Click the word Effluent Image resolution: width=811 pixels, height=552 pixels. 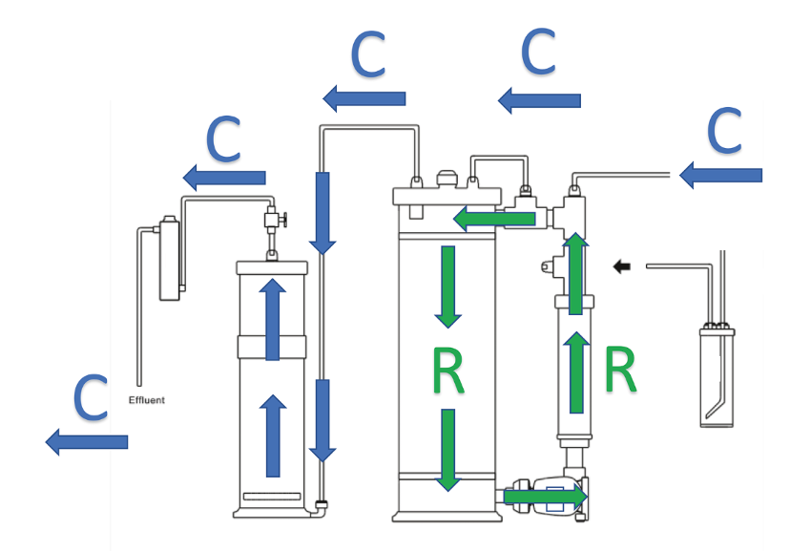[x=146, y=400]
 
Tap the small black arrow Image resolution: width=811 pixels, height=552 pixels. [x=621, y=266]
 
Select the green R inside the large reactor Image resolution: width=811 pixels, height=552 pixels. [x=447, y=371]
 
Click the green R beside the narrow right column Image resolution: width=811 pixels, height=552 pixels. [x=620, y=370]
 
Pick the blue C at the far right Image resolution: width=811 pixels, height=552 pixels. [x=724, y=130]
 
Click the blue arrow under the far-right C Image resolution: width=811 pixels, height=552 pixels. [x=720, y=175]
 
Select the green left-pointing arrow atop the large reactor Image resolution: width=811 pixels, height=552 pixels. [x=494, y=219]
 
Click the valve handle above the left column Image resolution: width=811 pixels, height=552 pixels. [x=283, y=220]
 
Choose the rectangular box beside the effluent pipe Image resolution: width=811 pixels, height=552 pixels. [x=170, y=258]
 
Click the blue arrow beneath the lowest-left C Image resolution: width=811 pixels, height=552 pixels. [x=87, y=442]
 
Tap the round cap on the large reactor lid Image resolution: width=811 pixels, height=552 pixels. [x=447, y=180]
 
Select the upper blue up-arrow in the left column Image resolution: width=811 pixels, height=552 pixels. [x=273, y=320]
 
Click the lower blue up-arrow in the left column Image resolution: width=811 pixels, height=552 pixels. [x=273, y=436]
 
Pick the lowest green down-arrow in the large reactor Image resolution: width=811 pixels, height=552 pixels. [x=447, y=450]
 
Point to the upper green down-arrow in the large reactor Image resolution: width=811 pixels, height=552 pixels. [x=447, y=287]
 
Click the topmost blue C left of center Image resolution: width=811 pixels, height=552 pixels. [x=368, y=54]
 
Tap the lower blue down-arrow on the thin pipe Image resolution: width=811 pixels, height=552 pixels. [x=322, y=420]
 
